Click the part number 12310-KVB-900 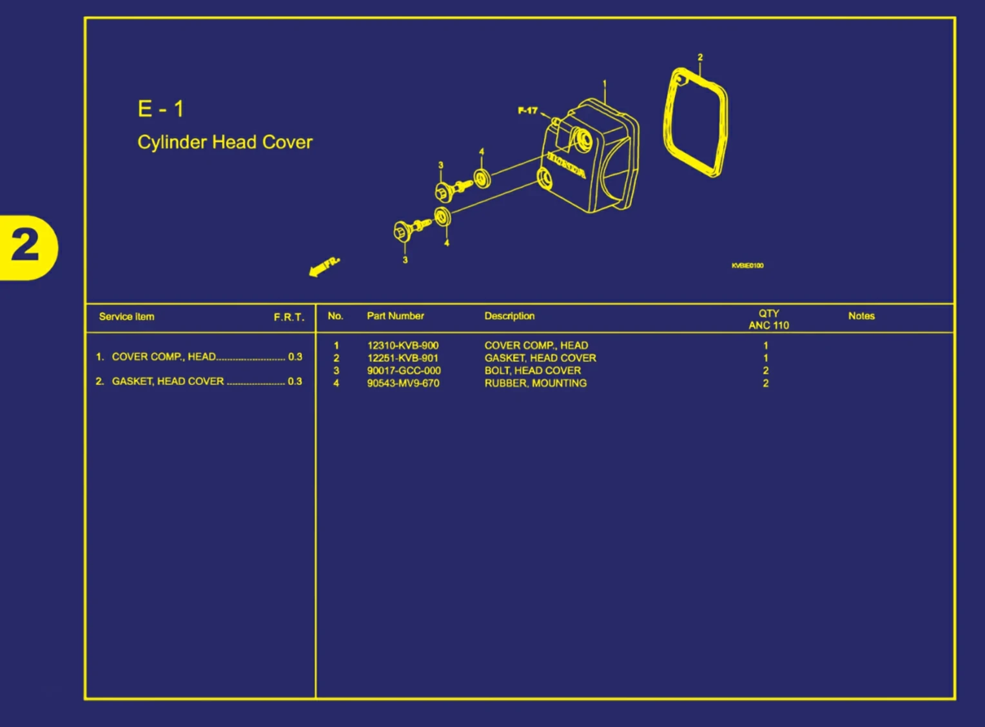pos(403,346)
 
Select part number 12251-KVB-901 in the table pos(403,358)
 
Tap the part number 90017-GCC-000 pos(404,370)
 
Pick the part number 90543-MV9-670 pos(403,383)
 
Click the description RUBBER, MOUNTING pos(535,383)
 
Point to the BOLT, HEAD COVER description pos(532,370)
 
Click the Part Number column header pos(395,316)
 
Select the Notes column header pos(861,316)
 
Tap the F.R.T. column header pos(289,317)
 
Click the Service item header pos(126,317)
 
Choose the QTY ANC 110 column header pos(768,319)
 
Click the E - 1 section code pos(161,109)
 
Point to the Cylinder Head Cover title pos(225,142)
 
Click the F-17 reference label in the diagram pos(527,110)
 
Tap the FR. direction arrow pos(324,266)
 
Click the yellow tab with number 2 pos(27,247)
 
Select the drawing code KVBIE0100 pos(748,265)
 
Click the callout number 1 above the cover pos(605,84)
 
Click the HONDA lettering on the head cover pos(567,165)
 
